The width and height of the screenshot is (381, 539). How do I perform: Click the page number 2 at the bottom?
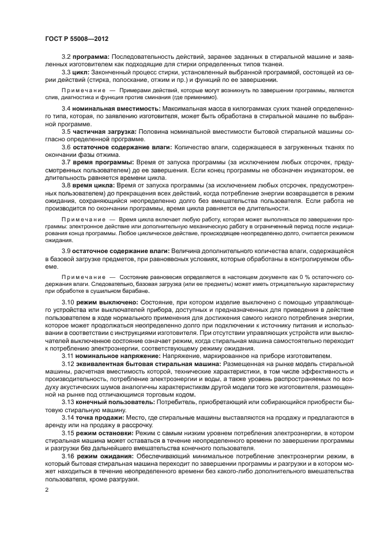46,489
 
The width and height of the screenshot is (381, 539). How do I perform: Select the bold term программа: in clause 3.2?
91,57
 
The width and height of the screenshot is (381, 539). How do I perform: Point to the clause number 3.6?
66,147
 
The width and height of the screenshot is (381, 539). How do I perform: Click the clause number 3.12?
68,364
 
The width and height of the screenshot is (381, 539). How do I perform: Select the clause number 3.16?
68,455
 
